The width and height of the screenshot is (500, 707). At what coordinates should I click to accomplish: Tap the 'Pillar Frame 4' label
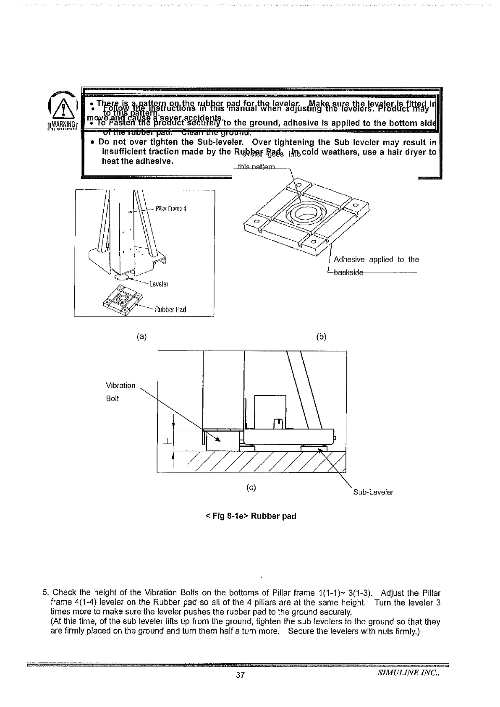pos(168,208)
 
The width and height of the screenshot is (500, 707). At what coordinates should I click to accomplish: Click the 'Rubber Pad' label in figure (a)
pos(170,309)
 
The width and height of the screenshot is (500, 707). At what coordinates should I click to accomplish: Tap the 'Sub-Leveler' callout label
pos(373,492)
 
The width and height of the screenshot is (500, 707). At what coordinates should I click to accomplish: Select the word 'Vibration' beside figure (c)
pos(120,385)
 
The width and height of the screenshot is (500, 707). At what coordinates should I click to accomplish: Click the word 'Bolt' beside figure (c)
pos(113,398)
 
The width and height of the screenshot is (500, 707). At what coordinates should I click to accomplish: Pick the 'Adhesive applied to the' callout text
pos(376,259)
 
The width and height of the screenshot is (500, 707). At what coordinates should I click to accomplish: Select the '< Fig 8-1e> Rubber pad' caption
pos(251,516)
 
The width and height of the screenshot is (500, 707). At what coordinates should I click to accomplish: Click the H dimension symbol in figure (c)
pos(168,441)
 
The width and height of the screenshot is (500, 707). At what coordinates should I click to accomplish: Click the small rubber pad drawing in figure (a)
pos(121,301)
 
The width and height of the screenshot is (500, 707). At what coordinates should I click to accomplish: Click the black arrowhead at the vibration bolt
pos(217,439)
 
